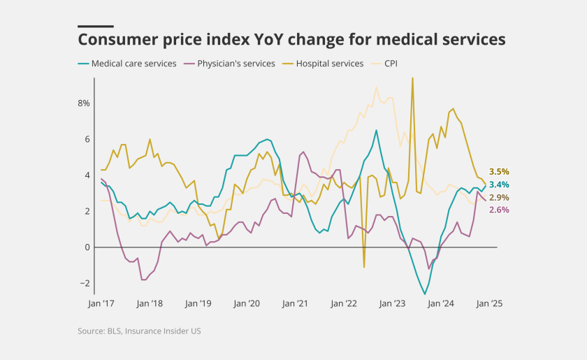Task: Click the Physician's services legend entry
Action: click(x=235, y=64)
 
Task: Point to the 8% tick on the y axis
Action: click(x=83, y=103)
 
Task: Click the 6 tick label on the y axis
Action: click(x=87, y=139)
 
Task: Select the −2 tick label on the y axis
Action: click(x=85, y=283)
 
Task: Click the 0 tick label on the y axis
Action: click(x=87, y=247)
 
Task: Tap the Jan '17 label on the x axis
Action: click(x=101, y=304)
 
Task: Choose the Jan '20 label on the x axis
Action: click(x=247, y=304)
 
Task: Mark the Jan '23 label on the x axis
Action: click(x=392, y=304)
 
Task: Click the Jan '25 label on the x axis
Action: click(x=489, y=304)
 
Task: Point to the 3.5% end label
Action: click(x=499, y=171)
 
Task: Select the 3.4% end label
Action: click(x=499, y=185)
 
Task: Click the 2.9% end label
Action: click(x=499, y=198)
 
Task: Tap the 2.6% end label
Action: click(x=499, y=210)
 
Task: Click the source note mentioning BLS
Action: click(x=139, y=331)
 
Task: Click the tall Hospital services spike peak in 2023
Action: click(x=412, y=78)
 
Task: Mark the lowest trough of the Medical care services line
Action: click(x=425, y=294)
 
